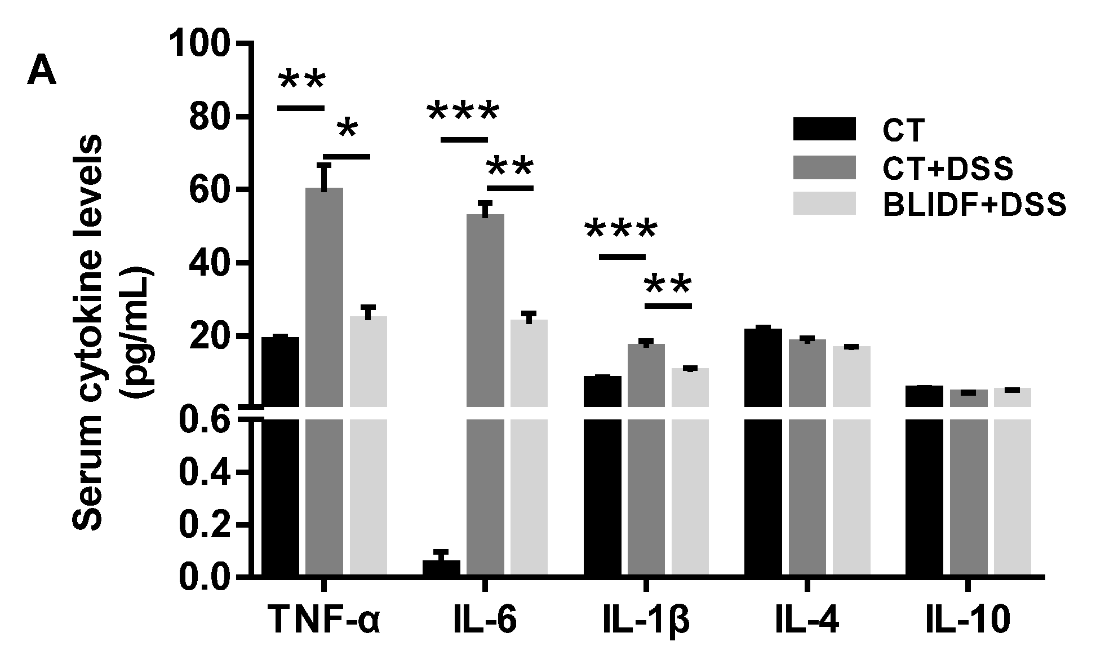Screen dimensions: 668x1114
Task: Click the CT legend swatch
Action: coord(824,130)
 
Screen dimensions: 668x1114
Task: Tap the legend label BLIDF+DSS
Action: coord(974,205)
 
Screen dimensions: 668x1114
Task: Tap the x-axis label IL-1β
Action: coord(646,620)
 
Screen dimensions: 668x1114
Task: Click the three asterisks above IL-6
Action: coord(463,112)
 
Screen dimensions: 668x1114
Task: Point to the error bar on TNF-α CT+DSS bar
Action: coord(324,176)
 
